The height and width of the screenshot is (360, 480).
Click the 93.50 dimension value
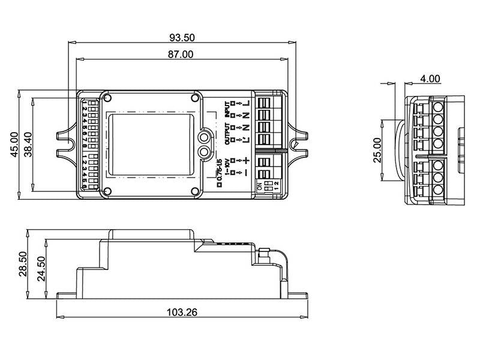[x=182, y=37]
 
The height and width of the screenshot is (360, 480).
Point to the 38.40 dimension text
[x=28, y=145]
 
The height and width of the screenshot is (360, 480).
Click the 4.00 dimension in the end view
[x=430, y=79]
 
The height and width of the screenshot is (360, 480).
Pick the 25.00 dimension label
[x=377, y=150]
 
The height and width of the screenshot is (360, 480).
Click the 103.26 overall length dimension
[x=182, y=312]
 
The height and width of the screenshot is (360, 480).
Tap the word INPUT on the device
[x=227, y=108]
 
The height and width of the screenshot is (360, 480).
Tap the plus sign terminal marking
[x=246, y=161]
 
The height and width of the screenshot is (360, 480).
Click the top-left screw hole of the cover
[x=107, y=98]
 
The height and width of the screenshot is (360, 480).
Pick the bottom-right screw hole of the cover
[x=196, y=191]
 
